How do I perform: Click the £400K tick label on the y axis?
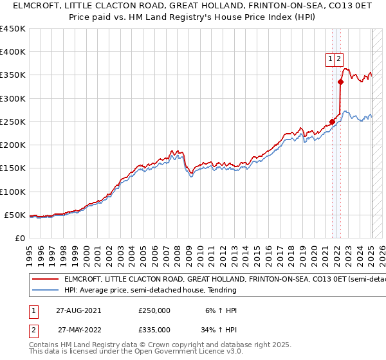point(13,52)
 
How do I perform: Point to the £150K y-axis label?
point(13,168)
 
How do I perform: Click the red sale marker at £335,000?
point(341,82)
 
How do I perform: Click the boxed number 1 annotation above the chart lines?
point(331,59)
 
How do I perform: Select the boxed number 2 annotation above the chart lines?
point(339,59)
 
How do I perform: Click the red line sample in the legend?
point(44,280)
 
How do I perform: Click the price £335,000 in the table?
point(154,330)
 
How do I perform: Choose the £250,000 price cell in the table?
point(154,310)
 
